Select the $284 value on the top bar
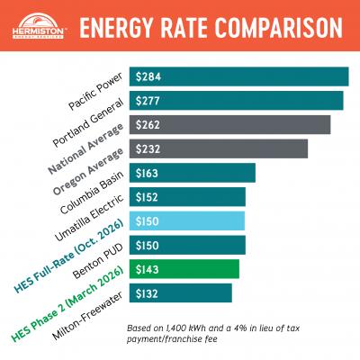148,76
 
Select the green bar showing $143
184,269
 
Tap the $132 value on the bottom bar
148,293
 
